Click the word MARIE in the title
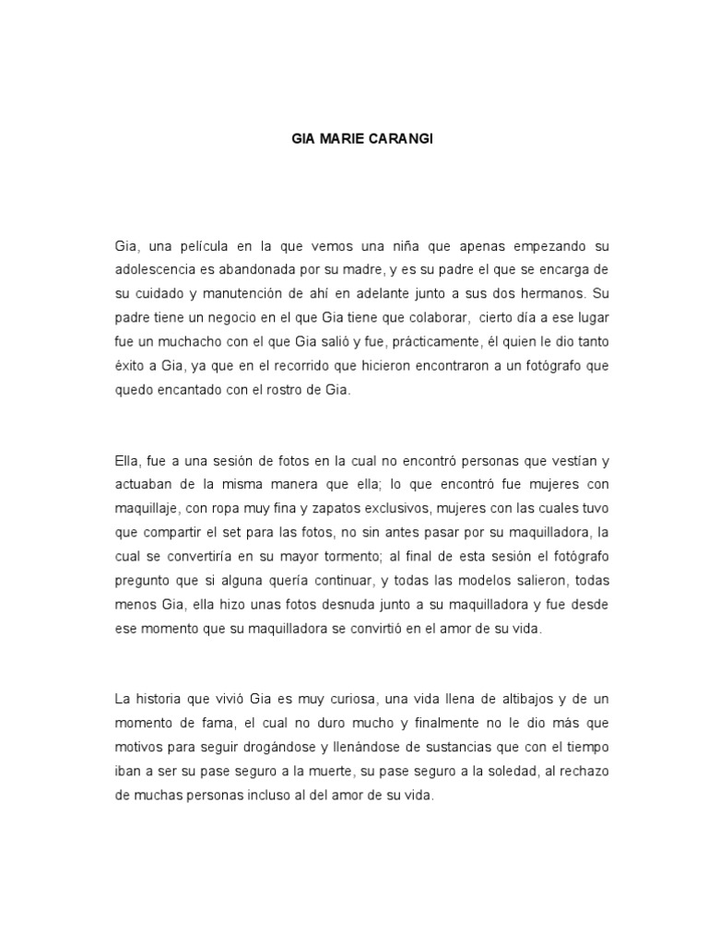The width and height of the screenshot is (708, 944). pos(344,140)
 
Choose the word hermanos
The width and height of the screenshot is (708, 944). pos(549,295)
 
